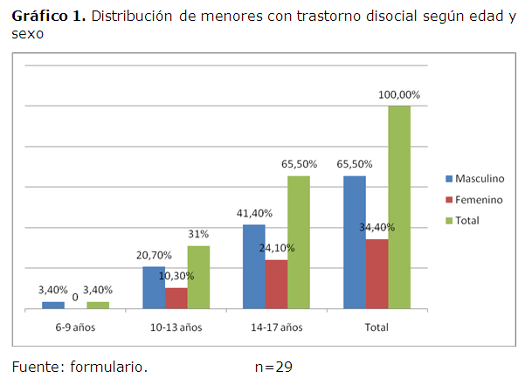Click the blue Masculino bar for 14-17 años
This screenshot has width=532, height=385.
(254, 266)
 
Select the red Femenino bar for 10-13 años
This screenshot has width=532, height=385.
(176, 298)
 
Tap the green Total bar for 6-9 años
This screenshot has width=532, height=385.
(98, 305)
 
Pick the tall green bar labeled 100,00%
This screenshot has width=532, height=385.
(399, 207)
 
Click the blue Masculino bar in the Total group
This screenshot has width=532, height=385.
(355, 242)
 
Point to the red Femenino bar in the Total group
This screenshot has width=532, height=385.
(377, 273)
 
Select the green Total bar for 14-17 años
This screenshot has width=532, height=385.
(299, 242)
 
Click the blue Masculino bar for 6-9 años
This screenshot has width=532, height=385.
(53, 305)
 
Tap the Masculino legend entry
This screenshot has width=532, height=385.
(475, 178)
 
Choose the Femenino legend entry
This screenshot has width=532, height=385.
(474, 200)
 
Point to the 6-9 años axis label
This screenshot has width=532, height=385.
(75, 327)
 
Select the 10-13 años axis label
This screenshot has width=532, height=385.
(176, 327)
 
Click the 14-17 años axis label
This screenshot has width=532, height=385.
(276, 327)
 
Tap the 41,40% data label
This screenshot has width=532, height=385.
(253, 213)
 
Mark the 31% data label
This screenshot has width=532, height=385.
(197, 234)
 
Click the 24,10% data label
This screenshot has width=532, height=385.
(277, 248)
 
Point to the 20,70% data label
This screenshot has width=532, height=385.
(154, 255)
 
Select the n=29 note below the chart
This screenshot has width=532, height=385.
(273, 367)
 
